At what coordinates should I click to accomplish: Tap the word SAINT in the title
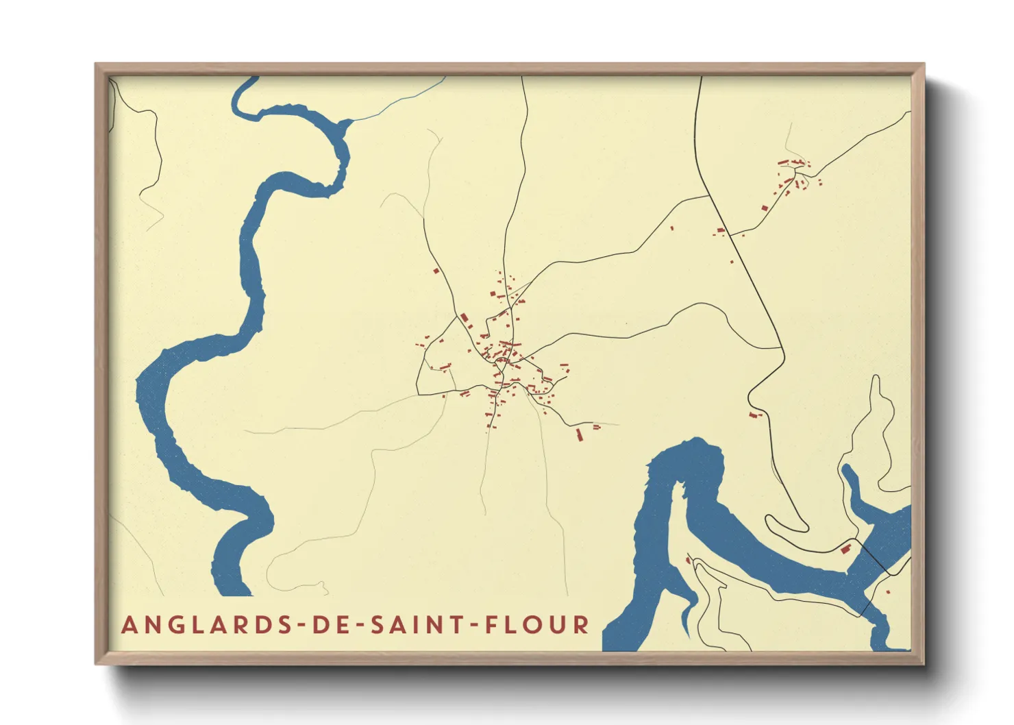pyautogui.click(x=422, y=625)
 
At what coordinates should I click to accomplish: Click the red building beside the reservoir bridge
pyautogui.click(x=846, y=548)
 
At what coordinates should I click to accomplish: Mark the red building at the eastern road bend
pyautogui.click(x=754, y=415)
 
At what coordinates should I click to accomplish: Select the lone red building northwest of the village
pyautogui.click(x=436, y=271)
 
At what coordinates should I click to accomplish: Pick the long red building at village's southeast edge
pyautogui.click(x=580, y=434)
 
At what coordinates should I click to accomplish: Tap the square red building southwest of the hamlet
pyautogui.click(x=765, y=208)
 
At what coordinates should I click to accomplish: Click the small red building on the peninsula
pyautogui.click(x=689, y=561)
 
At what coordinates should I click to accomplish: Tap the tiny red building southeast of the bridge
pyautogui.click(x=888, y=591)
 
